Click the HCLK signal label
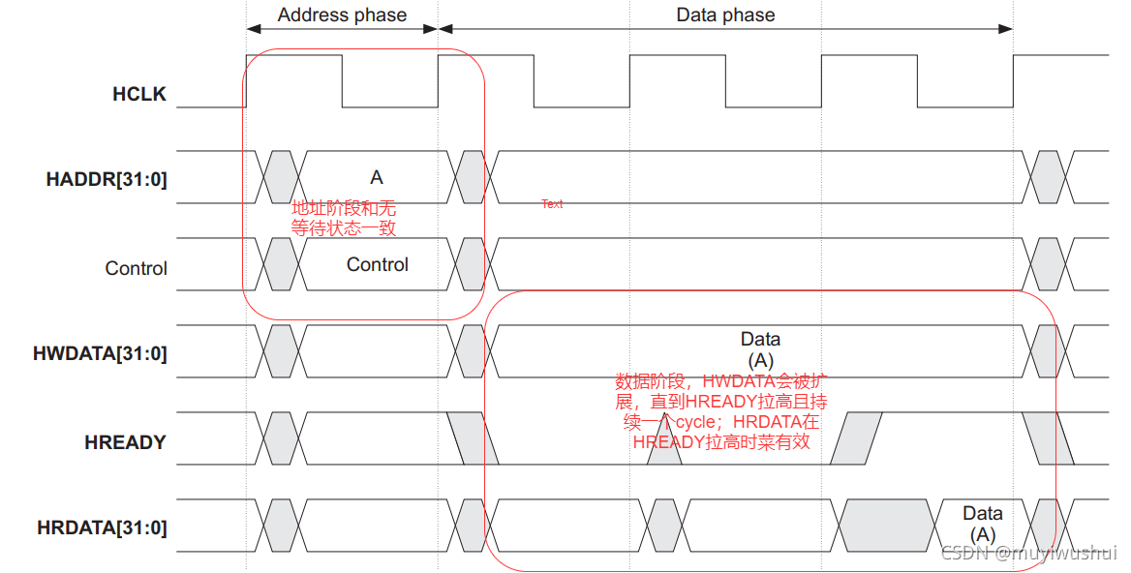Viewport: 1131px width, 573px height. (139, 94)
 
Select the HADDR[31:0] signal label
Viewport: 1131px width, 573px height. (107, 179)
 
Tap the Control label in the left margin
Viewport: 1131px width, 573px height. (136, 268)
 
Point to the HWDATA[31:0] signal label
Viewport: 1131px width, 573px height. (100, 353)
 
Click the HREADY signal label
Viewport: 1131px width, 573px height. (125, 442)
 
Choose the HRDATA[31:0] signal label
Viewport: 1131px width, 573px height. (102, 528)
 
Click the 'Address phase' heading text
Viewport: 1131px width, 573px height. (342, 15)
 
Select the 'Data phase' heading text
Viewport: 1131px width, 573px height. (725, 15)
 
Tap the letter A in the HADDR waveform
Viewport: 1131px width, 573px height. (377, 177)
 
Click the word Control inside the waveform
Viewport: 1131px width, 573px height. (378, 264)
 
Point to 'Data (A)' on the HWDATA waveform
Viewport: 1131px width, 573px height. (760, 349)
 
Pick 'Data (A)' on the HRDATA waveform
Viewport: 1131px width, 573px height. (982, 524)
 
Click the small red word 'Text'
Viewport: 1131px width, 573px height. (552, 204)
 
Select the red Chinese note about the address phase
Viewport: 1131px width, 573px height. (344, 219)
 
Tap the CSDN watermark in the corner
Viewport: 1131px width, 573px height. (1028, 553)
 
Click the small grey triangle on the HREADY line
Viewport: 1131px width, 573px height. (664, 453)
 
